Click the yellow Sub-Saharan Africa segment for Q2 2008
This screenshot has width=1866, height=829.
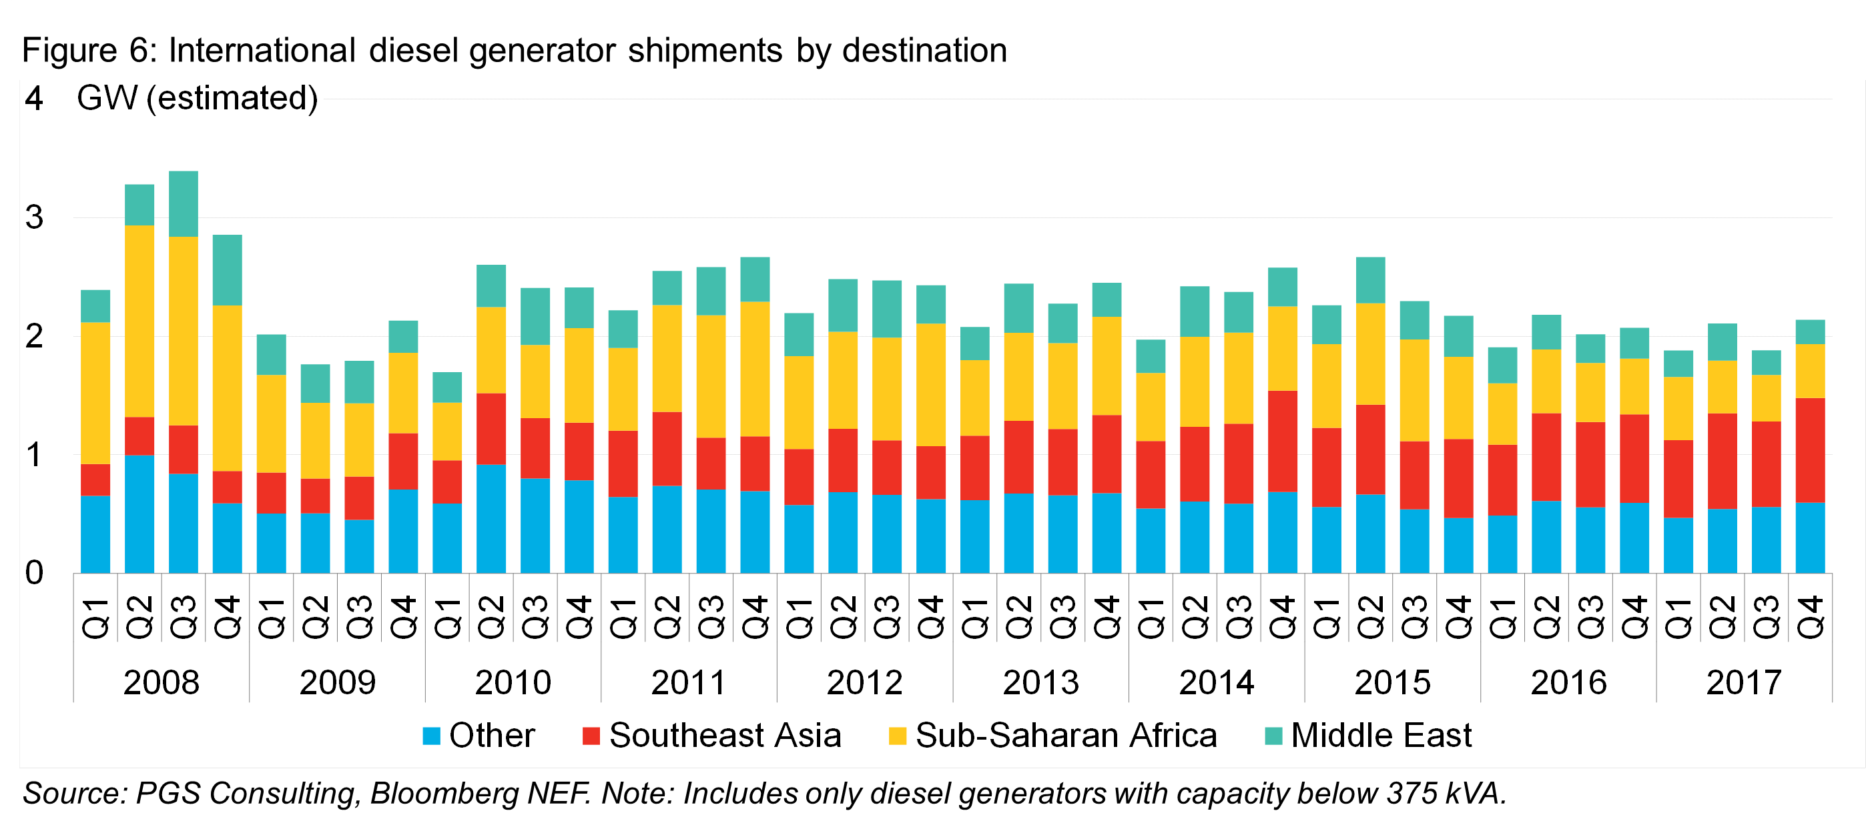139,321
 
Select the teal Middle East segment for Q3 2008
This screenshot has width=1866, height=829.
184,203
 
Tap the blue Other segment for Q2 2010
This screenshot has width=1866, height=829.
491,518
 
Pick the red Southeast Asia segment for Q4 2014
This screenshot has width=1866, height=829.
1283,441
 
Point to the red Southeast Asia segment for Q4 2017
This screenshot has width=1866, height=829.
1810,450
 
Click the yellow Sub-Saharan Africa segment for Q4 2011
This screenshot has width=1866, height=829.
755,369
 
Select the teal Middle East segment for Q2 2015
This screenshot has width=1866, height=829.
1371,280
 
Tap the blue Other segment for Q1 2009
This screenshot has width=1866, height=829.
272,543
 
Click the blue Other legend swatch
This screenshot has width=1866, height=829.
432,736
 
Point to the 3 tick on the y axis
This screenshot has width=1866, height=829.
34,217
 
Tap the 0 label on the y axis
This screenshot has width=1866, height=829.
34,573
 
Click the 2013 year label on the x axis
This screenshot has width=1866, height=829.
1041,682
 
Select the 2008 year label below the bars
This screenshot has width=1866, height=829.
161,682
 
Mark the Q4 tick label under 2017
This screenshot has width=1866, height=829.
1810,617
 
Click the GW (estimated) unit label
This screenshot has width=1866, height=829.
197,98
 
